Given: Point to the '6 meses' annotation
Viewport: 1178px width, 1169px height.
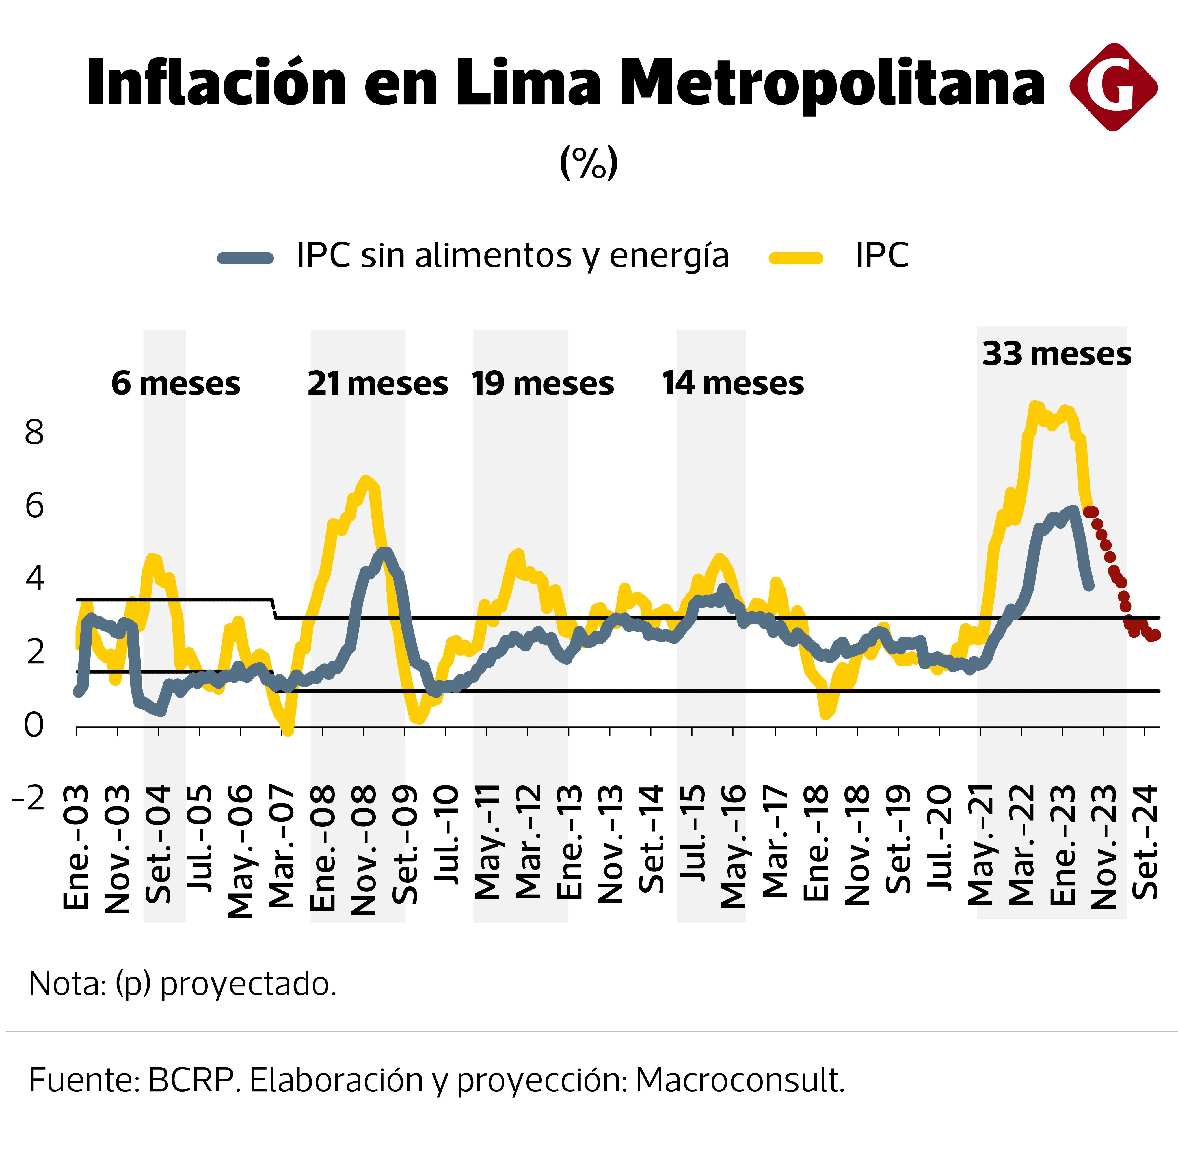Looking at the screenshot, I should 176,384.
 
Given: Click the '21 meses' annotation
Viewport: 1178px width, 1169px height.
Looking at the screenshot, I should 377,384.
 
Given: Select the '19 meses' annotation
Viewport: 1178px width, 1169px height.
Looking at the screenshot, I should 543,384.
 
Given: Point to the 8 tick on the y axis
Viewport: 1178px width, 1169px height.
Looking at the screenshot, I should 34,433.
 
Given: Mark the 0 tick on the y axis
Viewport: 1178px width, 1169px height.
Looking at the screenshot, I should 34,725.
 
